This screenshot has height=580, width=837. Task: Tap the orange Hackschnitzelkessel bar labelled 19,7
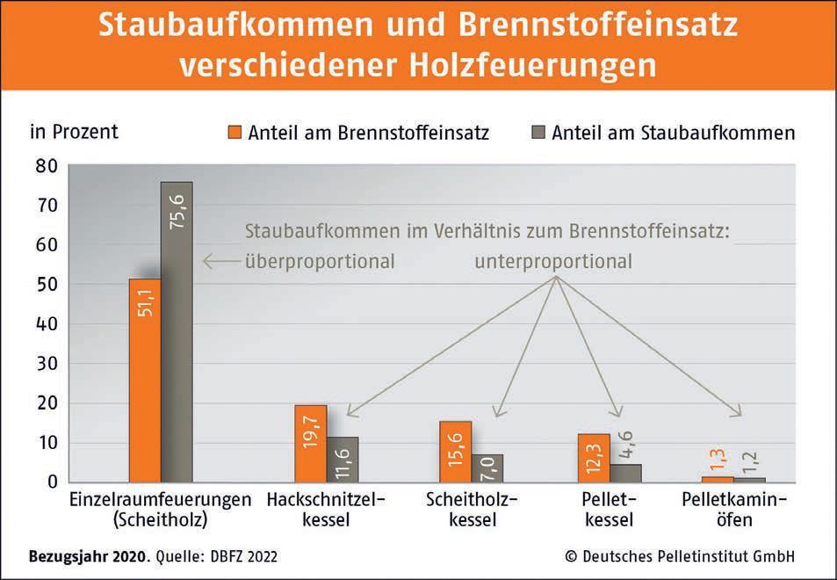point(310,443)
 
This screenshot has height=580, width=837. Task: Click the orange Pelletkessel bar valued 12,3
point(595,457)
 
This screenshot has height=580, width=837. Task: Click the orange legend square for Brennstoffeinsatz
point(235,133)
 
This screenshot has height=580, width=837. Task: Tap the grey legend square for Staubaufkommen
point(538,133)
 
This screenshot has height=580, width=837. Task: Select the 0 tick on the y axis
point(53,482)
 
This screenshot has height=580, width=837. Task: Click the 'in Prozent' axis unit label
point(74,133)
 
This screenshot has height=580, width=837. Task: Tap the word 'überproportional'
point(320,261)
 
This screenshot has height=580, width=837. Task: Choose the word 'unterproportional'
point(553,261)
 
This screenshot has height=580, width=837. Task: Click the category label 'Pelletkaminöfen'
point(733,509)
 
